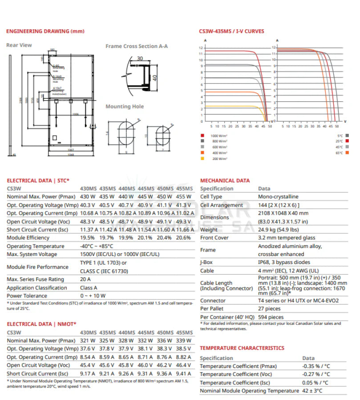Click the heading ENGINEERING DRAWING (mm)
[45, 31]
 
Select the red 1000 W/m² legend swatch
[202, 135]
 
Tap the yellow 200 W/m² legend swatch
[202, 159]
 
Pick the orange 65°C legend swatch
[346, 153]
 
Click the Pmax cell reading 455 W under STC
[184, 197]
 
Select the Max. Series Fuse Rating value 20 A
[85, 279]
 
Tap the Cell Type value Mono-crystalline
[278, 196]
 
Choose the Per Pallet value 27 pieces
[269, 308]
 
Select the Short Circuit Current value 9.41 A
[184, 374]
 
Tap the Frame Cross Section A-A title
[137, 46]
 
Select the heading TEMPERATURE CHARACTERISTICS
[242, 348]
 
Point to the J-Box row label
[206, 262]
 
